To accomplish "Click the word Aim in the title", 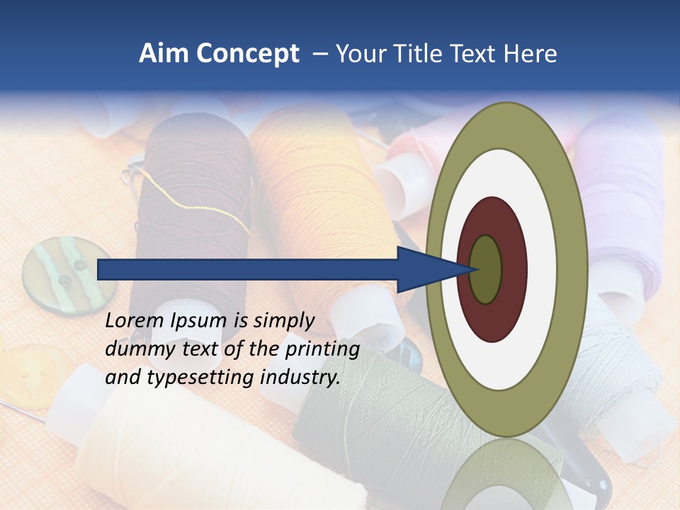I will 164,55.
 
